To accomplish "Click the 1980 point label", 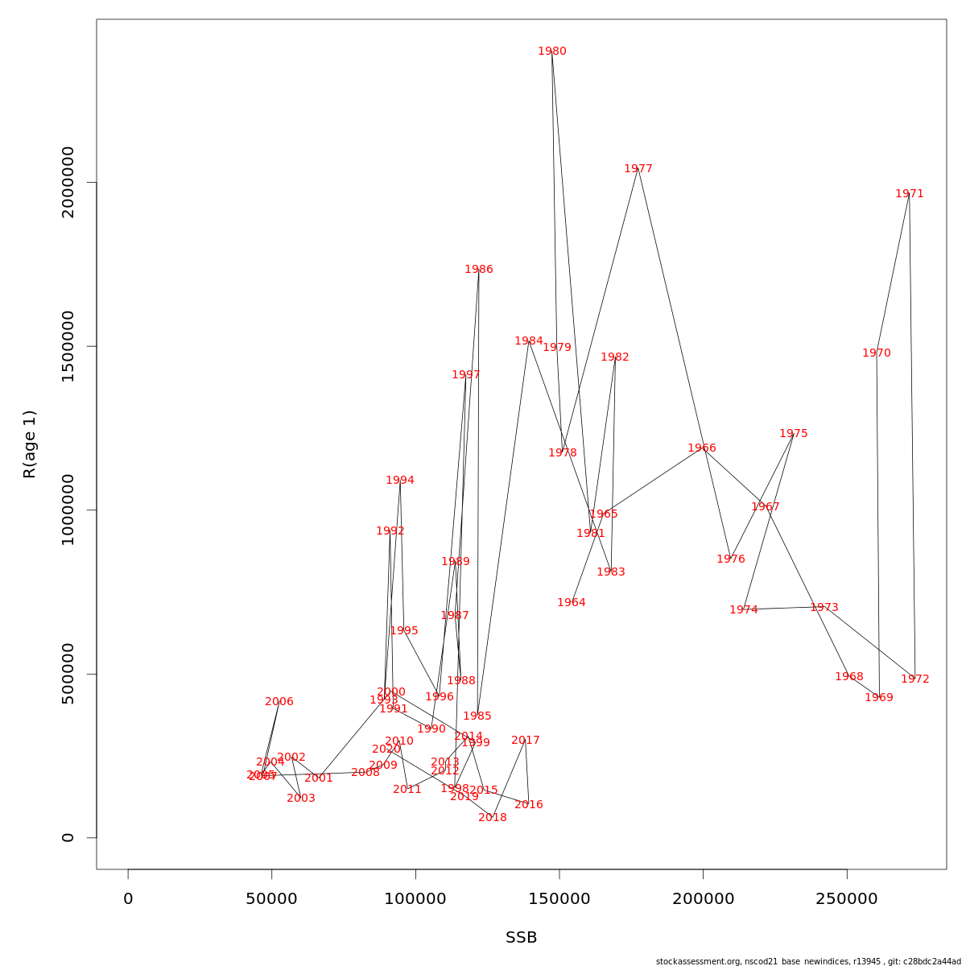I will tap(552, 52).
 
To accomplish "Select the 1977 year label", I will tap(638, 169).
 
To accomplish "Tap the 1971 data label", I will tap(910, 194).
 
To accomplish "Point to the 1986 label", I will tap(479, 270).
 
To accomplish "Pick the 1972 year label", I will tap(915, 679).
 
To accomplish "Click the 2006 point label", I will tap(279, 702).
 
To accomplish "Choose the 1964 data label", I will tap(572, 603).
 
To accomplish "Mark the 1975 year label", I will tap(794, 434).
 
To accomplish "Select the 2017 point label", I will tap(526, 741).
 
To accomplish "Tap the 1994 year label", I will tap(400, 481).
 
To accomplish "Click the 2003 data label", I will tap(301, 799).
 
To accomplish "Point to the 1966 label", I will tap(702, 448).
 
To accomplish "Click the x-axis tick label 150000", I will tap(559, 899).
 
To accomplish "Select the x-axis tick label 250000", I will tap(847, 899).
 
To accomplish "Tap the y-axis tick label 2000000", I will tap(68, 182).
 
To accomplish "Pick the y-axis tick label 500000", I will tap(68, 674).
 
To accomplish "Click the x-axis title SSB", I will tap(522, 938).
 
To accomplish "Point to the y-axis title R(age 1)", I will tap(30, 444).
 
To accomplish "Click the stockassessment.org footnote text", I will tap(808, 961).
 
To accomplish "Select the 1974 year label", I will tap(744, 610).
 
